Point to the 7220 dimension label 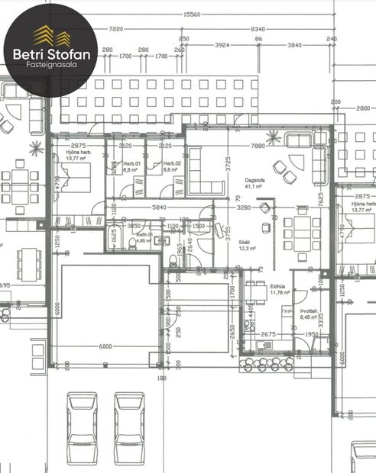click(116, 28)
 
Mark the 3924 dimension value click(222, 46)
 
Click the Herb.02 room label click(170, 167)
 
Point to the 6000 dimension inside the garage click(105, 346)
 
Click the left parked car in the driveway click(82, 426)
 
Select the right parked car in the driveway click(129, 426)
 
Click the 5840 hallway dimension click(159, 208)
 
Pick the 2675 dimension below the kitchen click(267, 333)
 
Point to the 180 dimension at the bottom click(161, 378)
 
